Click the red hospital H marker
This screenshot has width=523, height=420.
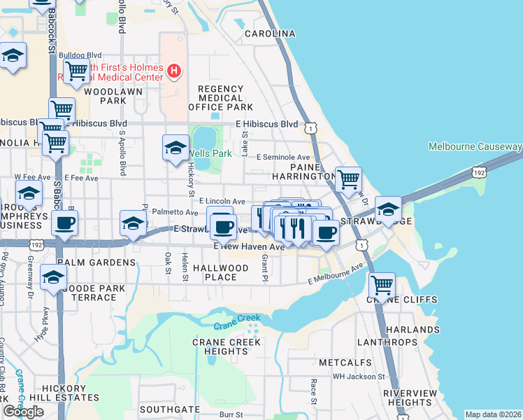pyautogui.click(x=173, y=71)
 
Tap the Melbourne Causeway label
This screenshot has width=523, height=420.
pyautogui.click(x=475, y=146)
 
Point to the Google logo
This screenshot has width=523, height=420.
pyautogui.click(x=24, y=411)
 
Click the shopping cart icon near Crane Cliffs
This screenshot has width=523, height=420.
pyautogui.click(x=382, y=286)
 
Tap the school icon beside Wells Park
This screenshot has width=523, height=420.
pyautogui.click(x=175, y=148)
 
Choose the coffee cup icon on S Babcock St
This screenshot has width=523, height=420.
pyautogui.click(x=64, y=224)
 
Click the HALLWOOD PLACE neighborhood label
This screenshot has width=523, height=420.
pyautogui.click(x=221, y=272)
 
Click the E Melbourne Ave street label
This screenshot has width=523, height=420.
pyautogui.click(x=336, y=274)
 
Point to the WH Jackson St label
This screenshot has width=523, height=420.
pyautogui.click(x=359, y=377)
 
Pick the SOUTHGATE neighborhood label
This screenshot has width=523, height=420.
pyautogui.click(x=170, y=409)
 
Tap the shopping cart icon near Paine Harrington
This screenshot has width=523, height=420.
pyautogui.click(x=348, y=179)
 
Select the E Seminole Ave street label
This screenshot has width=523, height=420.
pyautogui.click(x=283, y=157)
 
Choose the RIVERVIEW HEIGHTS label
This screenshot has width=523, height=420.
pyautogui.click(x=411, y=398)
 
